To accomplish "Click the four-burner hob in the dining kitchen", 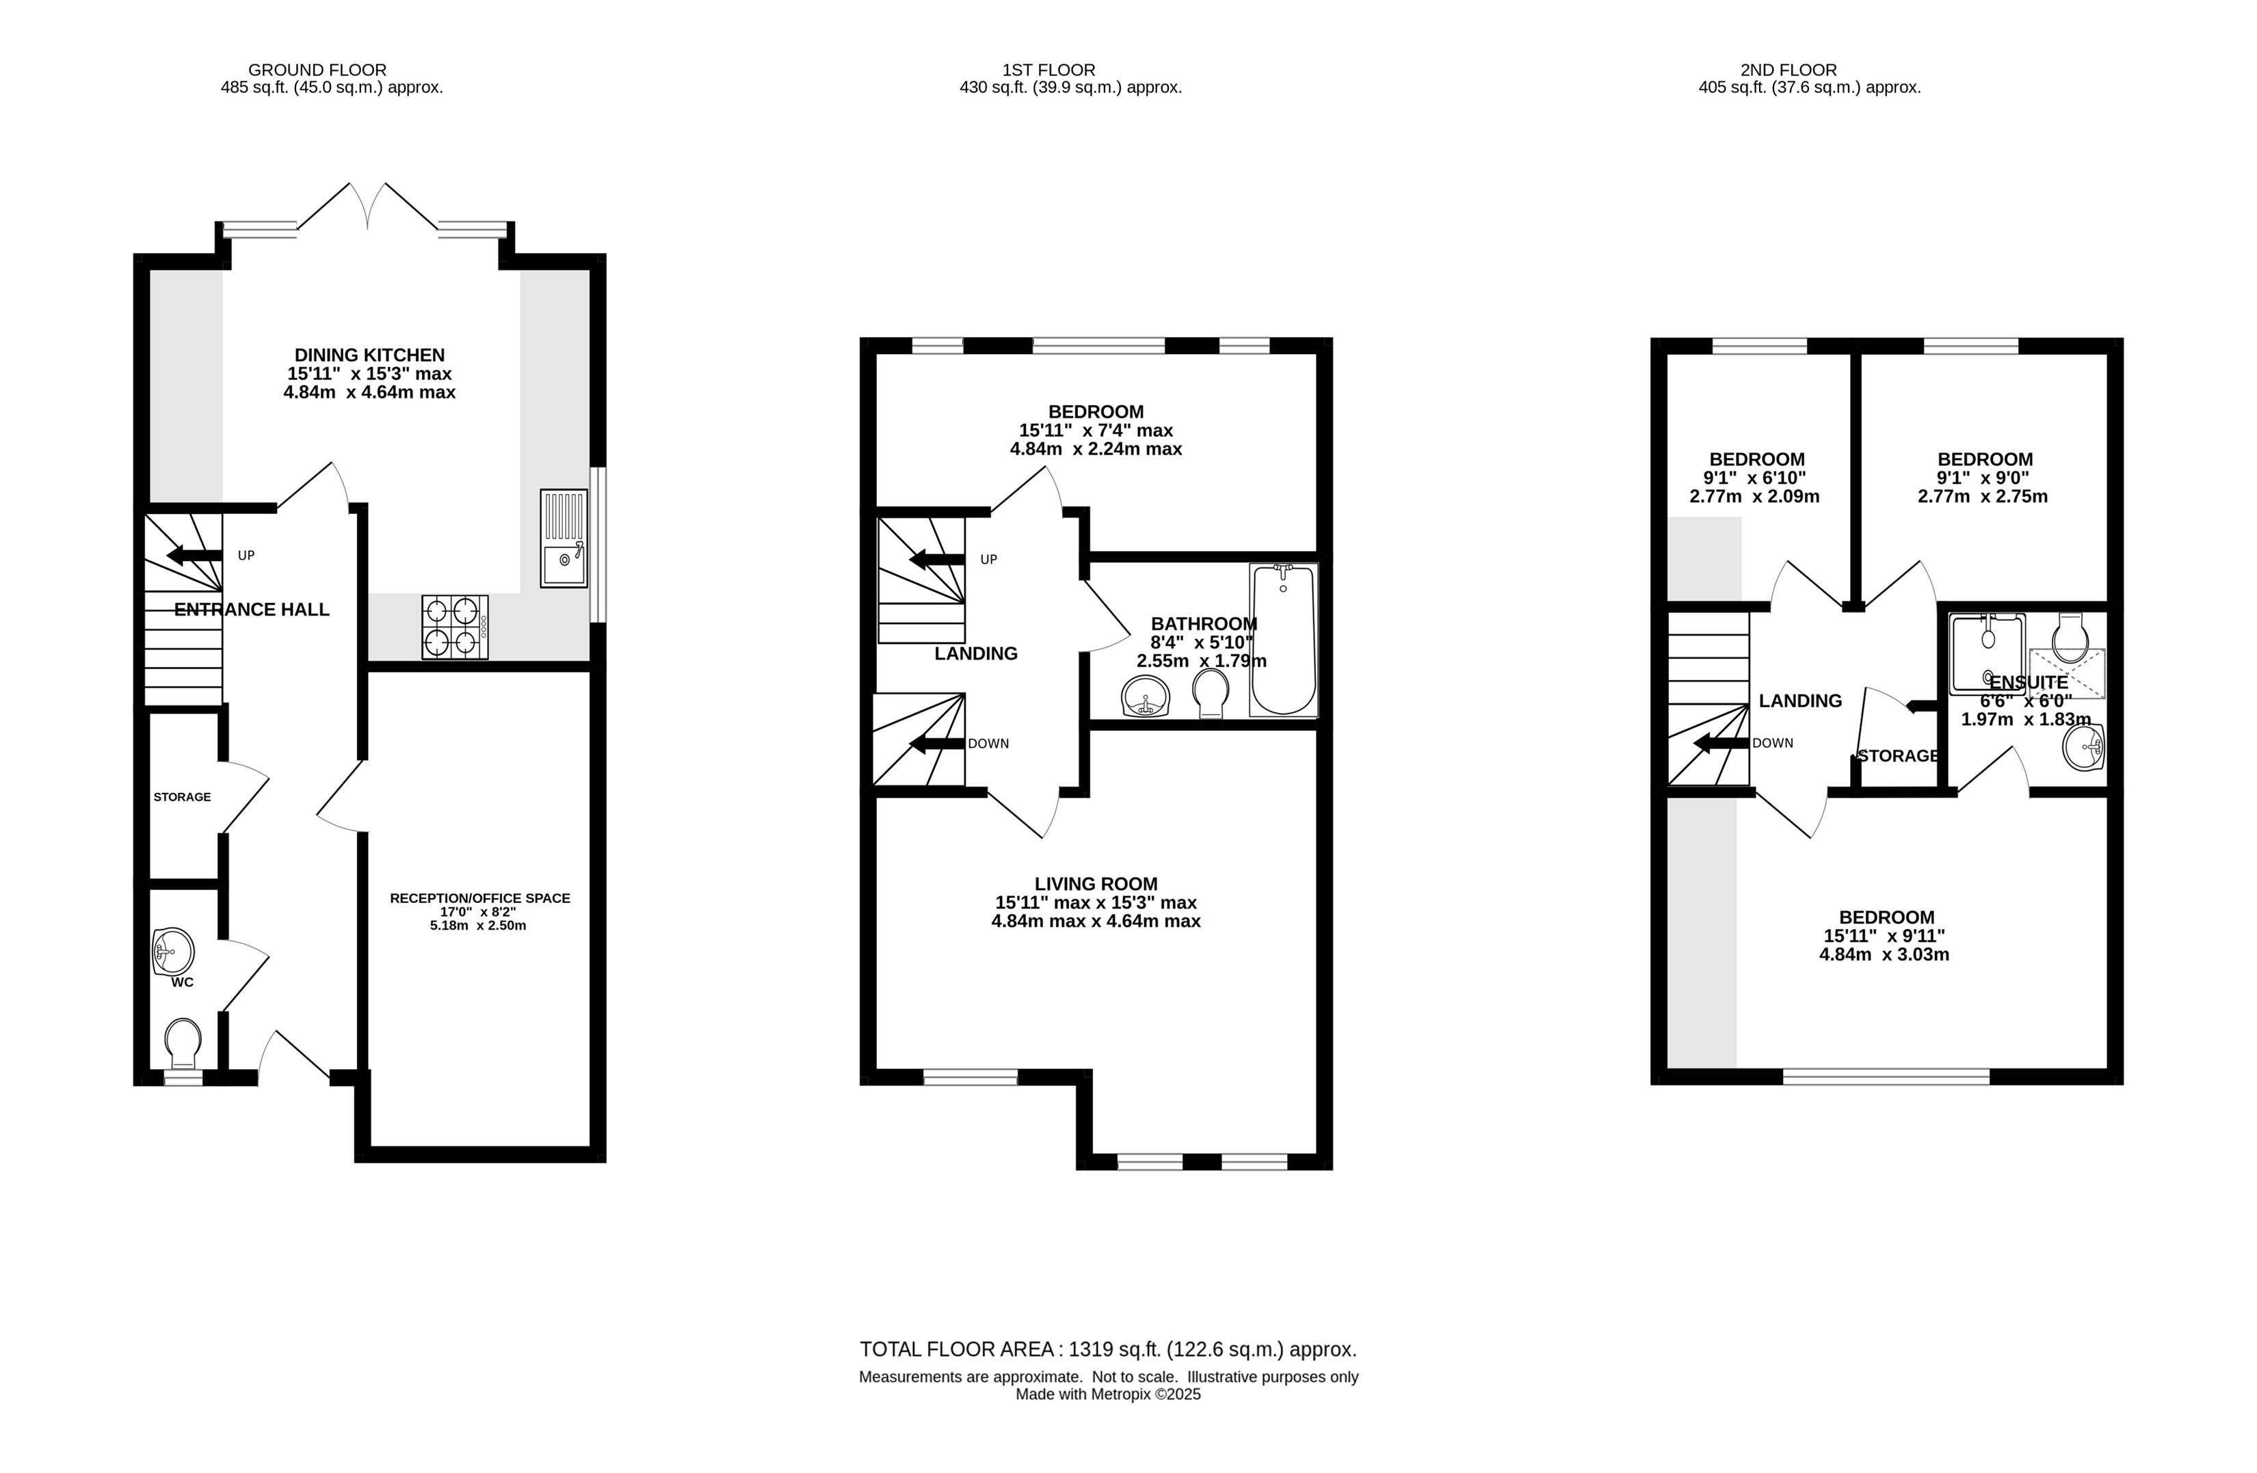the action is click(456, 627).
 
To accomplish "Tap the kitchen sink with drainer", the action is click(564, 539).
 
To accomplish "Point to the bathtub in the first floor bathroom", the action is click(1283, 640).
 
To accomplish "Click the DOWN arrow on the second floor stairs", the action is click(1721, 743).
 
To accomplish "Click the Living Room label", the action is click(1096, 883).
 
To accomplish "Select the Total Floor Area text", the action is click(1107, 1349).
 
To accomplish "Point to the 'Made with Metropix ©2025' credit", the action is click(1107, 1394).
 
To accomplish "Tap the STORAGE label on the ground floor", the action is click(182, 797).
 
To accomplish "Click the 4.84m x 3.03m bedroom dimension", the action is click(1884, 954).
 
